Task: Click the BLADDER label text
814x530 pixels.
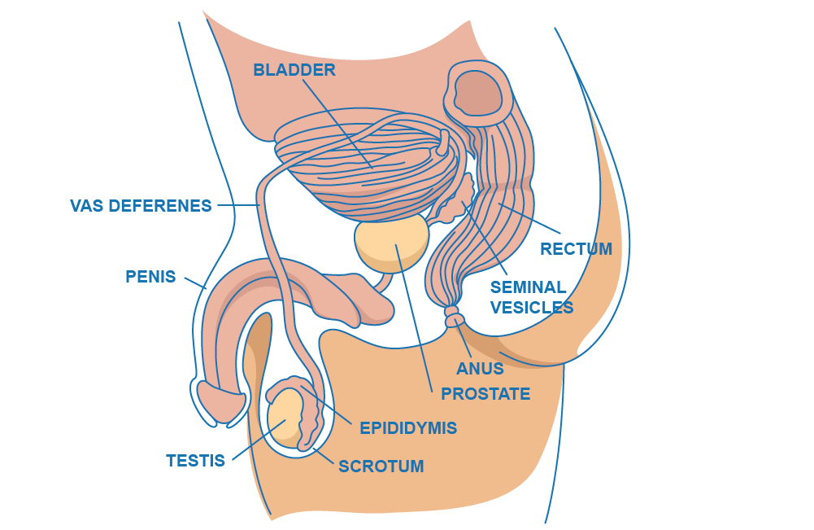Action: tap(294, 70)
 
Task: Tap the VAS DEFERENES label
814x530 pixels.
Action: tap(141, 206)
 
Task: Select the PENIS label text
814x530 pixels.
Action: tap(150, 277)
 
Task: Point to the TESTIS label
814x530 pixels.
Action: tap(195, 460)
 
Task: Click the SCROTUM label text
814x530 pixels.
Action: tap(381, 466)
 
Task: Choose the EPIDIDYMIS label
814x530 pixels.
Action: tap(408, 428)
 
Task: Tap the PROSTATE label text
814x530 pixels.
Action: tap(485, 394)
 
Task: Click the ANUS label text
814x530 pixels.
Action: tap(481, 369)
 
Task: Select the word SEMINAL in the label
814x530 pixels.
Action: tap(528, 287)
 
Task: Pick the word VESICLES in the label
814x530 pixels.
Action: tap(532, 308)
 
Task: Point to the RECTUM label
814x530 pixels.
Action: tap(577, 249)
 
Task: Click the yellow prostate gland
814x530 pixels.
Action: tap(392, 243)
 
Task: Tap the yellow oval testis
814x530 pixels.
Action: tap(285, 418)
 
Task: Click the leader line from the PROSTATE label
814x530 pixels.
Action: tap(414, 318)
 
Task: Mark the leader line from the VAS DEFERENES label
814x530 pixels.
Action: tap(238, 205)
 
